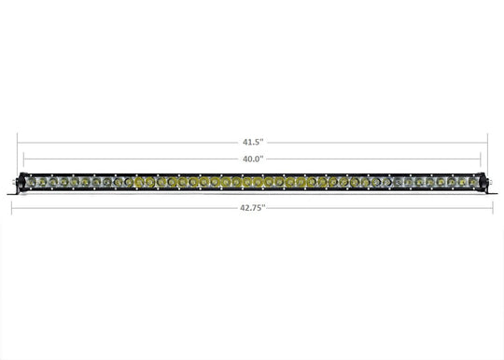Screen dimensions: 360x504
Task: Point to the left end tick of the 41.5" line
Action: [x=17, y=143]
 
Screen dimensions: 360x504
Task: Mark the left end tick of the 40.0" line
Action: [x=24, y=159]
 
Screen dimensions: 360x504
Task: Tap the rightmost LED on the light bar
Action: [x=474, y=181]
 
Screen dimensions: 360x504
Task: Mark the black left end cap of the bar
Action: [x=20, y=181]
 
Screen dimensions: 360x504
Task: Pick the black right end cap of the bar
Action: [x=484, y=181]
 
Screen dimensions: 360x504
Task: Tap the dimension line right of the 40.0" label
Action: [x=373, y=159]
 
